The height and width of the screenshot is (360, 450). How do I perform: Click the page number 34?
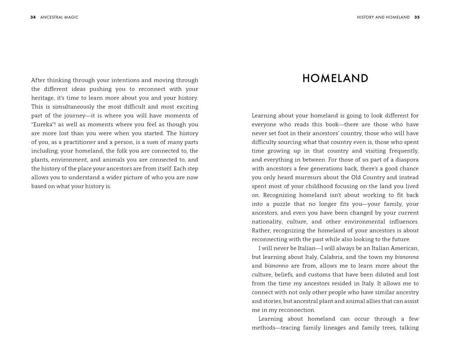point(33,18)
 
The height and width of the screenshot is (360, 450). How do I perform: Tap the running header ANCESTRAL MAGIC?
point(59,18)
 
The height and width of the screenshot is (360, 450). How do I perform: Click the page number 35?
point(417,18)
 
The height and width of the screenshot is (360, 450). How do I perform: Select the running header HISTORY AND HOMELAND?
point(383,18)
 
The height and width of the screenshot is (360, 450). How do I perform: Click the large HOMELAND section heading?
point(335,79)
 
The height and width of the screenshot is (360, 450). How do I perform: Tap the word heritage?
point(43,98)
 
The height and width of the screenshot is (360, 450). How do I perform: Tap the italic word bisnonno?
point(276,266)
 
